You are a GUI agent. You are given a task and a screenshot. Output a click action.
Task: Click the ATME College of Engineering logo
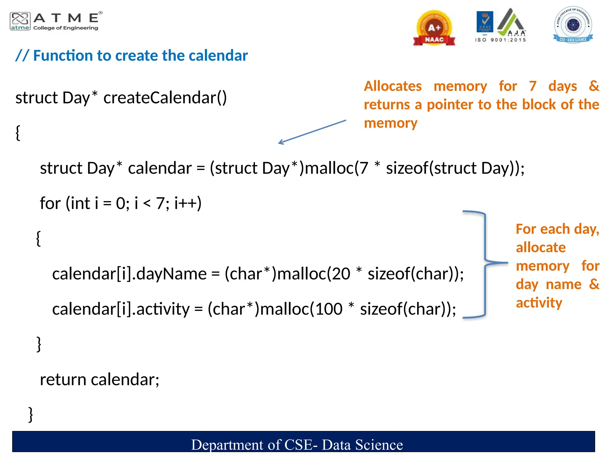pyautogui.click(x=56, y=21)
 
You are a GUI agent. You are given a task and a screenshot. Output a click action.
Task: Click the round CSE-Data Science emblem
pyautogui.click(x=573, y=25)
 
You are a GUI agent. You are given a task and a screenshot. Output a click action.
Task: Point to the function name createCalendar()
pyautogui.click(x=165, y=98)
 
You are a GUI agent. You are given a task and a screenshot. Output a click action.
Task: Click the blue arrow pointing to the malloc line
pyautogui.click(x=312, y=132)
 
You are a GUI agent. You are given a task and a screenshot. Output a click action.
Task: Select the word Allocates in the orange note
pyautogui.click(x=393, y=86)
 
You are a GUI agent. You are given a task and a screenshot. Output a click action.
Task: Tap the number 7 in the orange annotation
pyautogui.click(x=533, y=86)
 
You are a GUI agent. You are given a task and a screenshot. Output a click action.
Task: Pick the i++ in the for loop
pyautogui.click(x=187, y=203)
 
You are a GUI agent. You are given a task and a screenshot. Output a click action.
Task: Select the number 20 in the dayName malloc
pyautogui.click(x=341, y=274)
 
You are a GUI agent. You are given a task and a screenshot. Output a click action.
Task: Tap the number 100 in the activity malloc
pyautogui.click(x=329, y=309)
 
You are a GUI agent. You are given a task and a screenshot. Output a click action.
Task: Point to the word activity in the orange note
pyautogui.click(x=539, y=303)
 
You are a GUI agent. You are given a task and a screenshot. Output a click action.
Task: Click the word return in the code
pyautogui.click(x=63, y=380)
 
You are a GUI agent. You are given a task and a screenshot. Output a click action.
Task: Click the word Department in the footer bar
pyautogui.click(x=227, y=445)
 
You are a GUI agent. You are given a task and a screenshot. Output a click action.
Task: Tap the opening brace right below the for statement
pyautogui.click(x=38, y=239)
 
